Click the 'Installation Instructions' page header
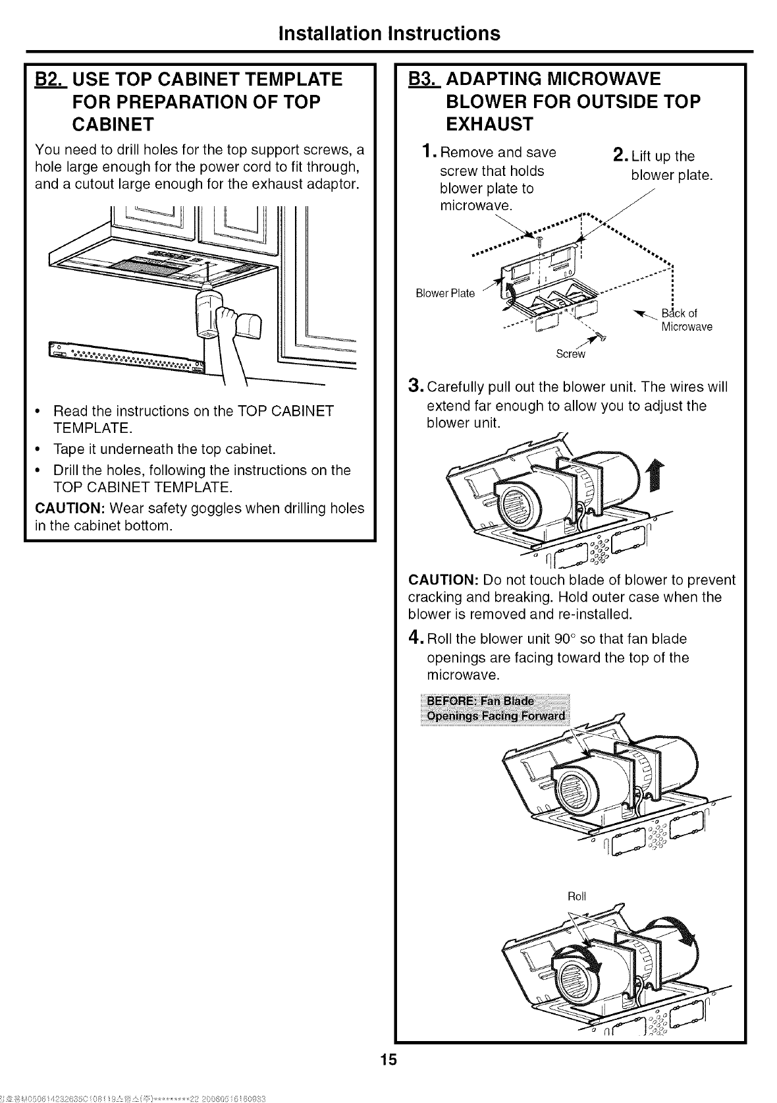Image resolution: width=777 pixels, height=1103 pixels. click(x=389, y=33)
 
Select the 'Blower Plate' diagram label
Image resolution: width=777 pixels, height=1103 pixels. click(x=445, y=293)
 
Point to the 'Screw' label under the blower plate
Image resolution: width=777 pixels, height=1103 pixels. click(x=570, y=354)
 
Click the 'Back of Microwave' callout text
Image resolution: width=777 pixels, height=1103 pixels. click(x=685, y=320)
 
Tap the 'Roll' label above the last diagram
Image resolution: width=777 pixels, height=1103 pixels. click(x=576, y=896)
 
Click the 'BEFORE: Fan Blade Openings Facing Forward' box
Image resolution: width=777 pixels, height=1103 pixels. click(x=495, y=708)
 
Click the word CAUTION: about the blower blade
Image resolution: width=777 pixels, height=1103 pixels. click(x=443, y=580)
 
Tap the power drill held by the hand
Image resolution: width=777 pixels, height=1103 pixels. click(x=209, y=314)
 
